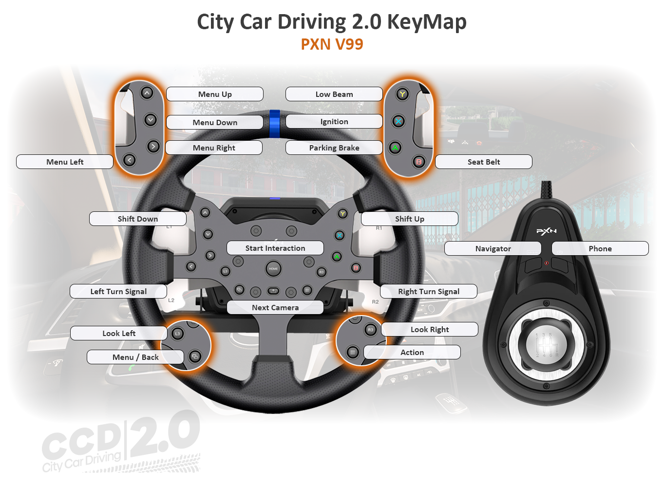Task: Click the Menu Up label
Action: [x=215, y=94]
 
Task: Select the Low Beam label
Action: [x=334, y=94]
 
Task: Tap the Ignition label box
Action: [x=334, y=122]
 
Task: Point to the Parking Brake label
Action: [x=334, y=148]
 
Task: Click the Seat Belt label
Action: [x=483, y=162]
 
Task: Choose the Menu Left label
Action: [x=65, y=162]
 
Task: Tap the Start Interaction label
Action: [x=275, y=248]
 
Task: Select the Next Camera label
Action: [x=275, y=307]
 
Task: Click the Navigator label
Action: [x=493, y=248]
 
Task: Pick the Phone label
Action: [x=600, y=248]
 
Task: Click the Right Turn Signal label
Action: [x=429, y=291]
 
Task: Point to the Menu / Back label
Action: [x=135, y=357]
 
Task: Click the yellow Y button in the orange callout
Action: [x=402, y=94]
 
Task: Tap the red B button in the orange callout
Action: [x=419, y=162]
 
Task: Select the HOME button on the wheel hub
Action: [x=273, y=269]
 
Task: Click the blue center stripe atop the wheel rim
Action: [x=275, y=124]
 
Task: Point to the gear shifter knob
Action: [x=546, y=345]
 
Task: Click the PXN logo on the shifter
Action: [x=546, y=231]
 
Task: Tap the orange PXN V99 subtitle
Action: [x=332, y=44]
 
